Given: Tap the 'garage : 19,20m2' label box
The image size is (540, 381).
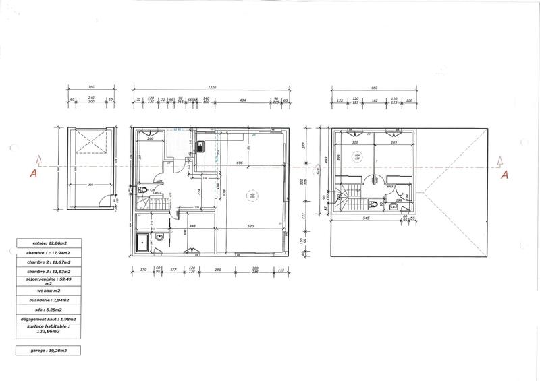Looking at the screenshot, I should pyautogui.click(x=45, y=351).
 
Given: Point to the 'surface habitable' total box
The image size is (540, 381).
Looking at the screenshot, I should pyautogui.click(x=45, y=329).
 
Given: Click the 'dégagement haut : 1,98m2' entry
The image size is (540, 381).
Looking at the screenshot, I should pyautogui.click(x=45, y=319).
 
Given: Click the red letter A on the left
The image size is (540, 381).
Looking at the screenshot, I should pyautogui.click(x=31, y=173).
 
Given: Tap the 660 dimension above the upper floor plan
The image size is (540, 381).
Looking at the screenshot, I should pyautogui.click(x=374, y=88).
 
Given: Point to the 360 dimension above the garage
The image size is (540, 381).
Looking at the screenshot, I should pyautogui.click(x=90, y=88).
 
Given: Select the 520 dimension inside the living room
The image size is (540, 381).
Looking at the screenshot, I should pyautogui.click(x=251, y=226).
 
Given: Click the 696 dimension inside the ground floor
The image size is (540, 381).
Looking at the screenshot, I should pyautogui.click(x=239, y=163).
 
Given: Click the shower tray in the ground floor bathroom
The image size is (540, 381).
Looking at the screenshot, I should pyautogui.click(x=142, y=242).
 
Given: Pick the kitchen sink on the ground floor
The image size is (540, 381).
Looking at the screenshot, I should pyautogui.click(x=200, y=146).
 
